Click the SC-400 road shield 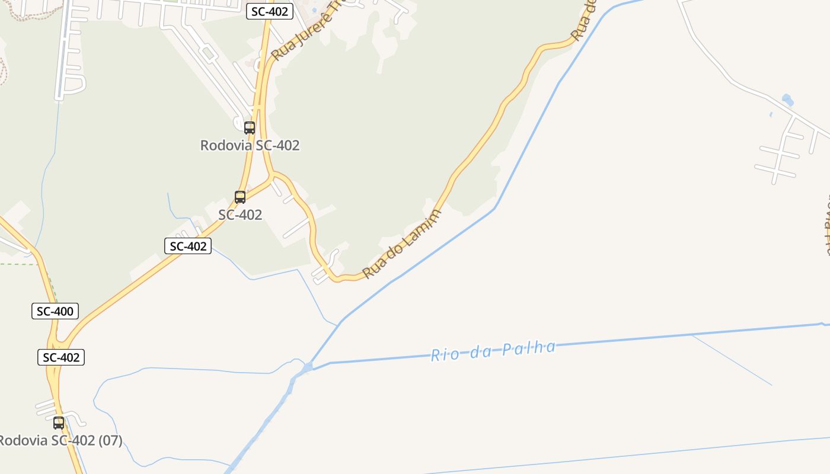(x=55, y=311)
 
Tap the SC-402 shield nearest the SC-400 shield (x=61, y=357)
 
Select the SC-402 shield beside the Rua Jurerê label (x=270, y=11)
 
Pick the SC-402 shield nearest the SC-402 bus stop (x=188, y=246)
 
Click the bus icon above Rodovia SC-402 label (x=250, y=127)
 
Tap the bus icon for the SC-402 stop (x=240, y=197)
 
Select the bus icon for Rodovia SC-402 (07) (x=59, y=423)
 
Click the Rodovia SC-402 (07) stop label (x=59, y=441)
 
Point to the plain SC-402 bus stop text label (x=240, y=214)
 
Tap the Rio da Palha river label (x=493, y=351)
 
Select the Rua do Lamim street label (x=402, y=244)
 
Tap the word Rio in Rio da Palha (x=442, y=355)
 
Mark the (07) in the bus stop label (x=110, y=441)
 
